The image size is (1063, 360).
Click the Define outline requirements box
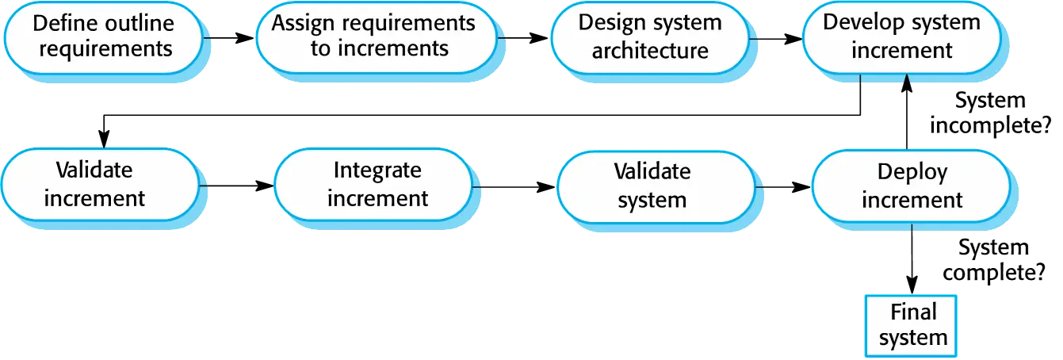pyautogui.click(x=104, y=38)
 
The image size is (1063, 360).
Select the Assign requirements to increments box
pyautogui.click(x=377, y=37)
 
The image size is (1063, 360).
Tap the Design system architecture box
pyautogui.click(x=650, y=38)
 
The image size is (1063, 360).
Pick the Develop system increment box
pyautogui.click(x=902, y=38)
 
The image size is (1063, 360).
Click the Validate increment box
pyautogui.click(x=101, y=185)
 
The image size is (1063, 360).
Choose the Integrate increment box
pyautogui.click(x=373, y=185)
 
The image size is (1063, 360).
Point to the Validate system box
pyautogui.click(x=656, y=187)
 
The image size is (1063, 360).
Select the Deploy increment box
pyautogui.click(x=911, y=186)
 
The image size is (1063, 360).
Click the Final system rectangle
pyautogui.click(x=911, y=326)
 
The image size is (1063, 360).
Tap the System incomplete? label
pyautogui.click(x=990, y=113)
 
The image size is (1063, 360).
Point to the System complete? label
pyautogui.click(x=994, y=260)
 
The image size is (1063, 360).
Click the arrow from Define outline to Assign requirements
pyautogui.click(x=229, y=37)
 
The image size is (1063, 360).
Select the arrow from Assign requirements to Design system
pyautogui.click(x=523, y=37)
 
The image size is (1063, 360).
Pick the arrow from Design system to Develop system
pyautogui.click(x=776, y=39)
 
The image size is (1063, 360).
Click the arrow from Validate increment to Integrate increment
pyautogui.click(x=237, y=186)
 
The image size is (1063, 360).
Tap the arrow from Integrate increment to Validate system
pyautogui.click(x=514, y=187)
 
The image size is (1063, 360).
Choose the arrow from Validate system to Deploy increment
pyautogui.click(x=783, y=187)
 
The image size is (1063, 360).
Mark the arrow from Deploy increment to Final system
pyautogui.click(x=912, y=259)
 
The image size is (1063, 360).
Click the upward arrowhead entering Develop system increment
pyautogui.click(x=907, y=82)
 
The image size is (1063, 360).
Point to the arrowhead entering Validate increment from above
pyautogui.click(x=104, y=139)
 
